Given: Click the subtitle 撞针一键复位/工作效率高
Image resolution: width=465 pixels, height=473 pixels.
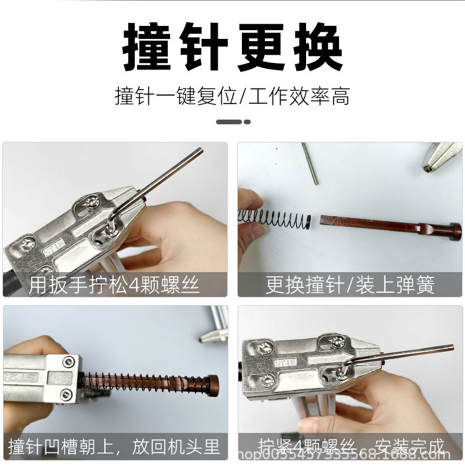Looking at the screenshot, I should click(232, 95).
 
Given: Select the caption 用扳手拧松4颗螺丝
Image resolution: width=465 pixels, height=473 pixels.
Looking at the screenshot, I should click(114, 285).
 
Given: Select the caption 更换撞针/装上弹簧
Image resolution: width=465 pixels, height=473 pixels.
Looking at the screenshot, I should click(350, 285).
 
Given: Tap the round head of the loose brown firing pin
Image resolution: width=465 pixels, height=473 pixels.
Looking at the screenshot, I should click(454, 230).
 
